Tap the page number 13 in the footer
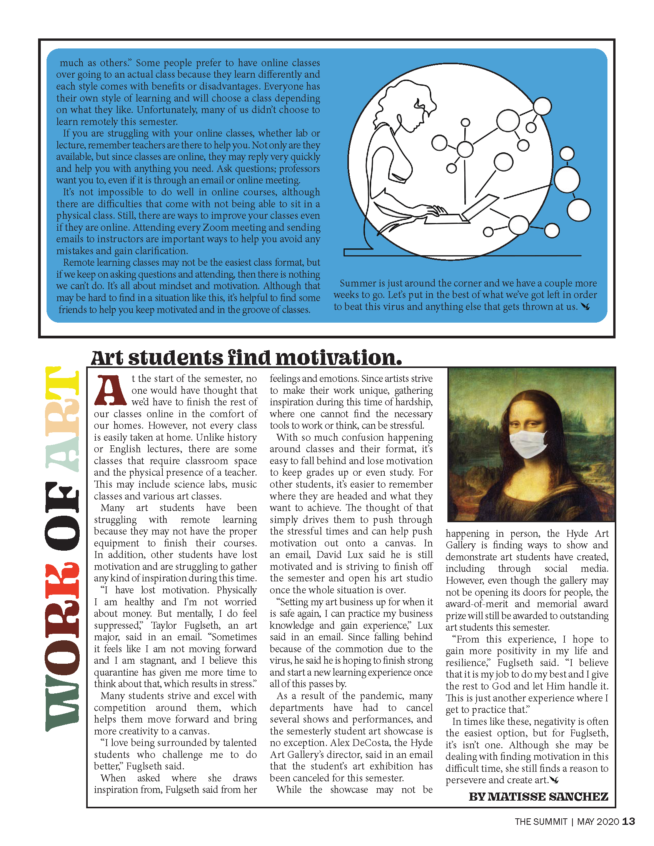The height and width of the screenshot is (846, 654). coord(629,822)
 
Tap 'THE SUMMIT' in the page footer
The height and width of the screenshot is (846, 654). coord(541,822)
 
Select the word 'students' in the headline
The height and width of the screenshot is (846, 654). coord(176,358)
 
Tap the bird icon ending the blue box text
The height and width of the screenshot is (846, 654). coord(586,307)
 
